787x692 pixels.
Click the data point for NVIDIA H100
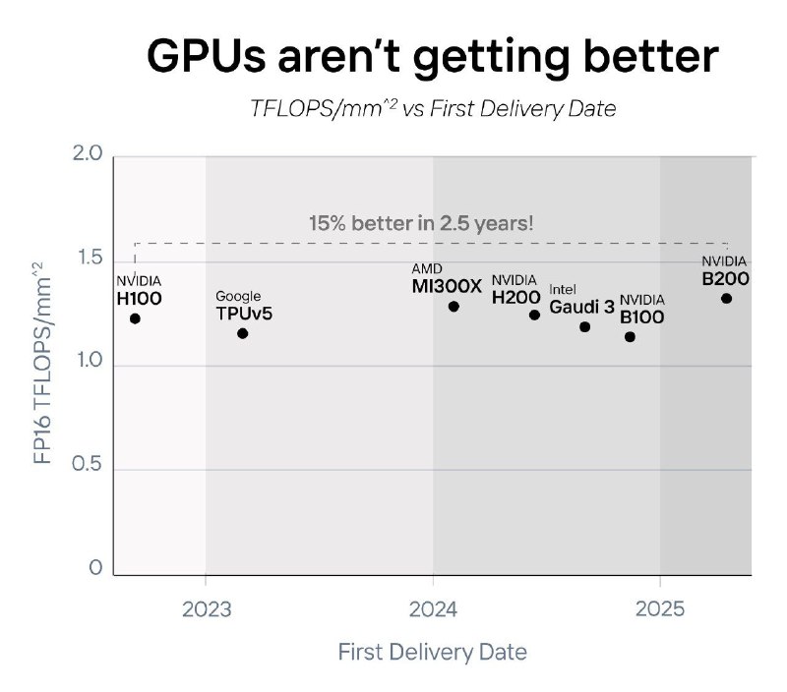point(135,318)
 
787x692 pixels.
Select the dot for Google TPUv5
point(243,333)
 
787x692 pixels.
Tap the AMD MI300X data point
point(454,307)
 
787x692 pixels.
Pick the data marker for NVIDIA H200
point(534,315)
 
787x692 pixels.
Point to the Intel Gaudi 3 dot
point(584,326)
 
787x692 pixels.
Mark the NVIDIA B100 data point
point(630,337)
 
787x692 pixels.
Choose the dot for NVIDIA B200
point(726,298)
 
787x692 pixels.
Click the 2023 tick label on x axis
point(206,607)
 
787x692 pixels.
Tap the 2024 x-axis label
point(433,607)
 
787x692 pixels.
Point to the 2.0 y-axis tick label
point(89,156)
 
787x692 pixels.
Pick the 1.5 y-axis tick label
point(89,259)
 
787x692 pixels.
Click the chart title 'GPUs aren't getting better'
point(433,57)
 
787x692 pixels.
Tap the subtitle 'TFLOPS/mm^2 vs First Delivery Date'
point(433,108)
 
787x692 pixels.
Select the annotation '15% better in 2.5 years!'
point(421,223)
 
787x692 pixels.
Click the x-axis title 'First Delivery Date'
point(433,652)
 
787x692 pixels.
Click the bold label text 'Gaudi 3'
point(581,308)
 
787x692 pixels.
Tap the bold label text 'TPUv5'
point(243,314)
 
